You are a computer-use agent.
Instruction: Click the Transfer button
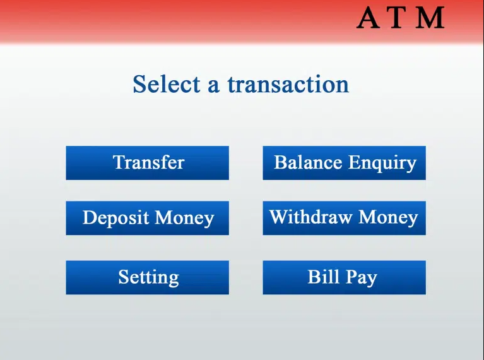pos(147,163)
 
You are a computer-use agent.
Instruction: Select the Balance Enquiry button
pos(344,163)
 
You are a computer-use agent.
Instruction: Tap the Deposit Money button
pos(147,218)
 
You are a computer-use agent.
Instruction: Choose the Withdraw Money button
pos(344,218)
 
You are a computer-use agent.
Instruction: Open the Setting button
pos(147,277)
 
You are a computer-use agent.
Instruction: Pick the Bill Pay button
pos(344,277)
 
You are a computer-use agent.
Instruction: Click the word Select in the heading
pos(167,84)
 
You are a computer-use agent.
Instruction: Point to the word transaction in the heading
pos(288,85)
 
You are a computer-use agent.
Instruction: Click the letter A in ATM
pos(369,18)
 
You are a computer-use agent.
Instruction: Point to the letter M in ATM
pos(430,18)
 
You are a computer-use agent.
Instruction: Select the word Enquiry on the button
pos(382,164)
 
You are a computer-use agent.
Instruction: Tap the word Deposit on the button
pos(115,218)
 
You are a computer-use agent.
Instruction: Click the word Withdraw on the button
pos(310,217)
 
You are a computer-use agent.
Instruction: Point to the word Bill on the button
pos(324,277)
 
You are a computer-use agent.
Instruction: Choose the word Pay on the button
pos(362,277)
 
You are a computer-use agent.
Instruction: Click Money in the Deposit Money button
pos(184,218)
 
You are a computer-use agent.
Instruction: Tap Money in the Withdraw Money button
pos(388,217)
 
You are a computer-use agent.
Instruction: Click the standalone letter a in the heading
pos(213,87)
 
